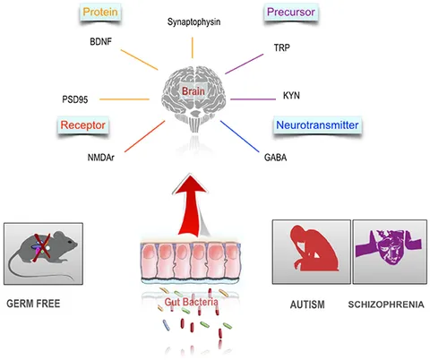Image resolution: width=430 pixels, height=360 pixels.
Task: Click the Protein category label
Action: coord(100,12)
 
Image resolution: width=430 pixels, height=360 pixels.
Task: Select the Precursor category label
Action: coord(291,12)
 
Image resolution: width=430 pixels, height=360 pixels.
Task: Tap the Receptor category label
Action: coord(83,125)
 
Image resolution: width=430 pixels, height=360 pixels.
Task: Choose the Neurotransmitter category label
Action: coord(317,125)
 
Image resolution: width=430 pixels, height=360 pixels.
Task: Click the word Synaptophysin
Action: coord(193,21)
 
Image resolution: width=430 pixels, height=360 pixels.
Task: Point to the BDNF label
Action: coord(100,41)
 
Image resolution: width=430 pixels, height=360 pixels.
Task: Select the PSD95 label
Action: coord(75,99)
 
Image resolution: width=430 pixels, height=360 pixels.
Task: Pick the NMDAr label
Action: coord(101,158)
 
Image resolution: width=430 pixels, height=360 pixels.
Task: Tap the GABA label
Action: coord(275,158)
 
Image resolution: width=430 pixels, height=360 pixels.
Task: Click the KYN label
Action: coord(291,96)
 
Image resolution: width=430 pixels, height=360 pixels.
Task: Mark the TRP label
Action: coord(282,47)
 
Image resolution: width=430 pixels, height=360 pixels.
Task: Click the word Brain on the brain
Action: coord(193,91)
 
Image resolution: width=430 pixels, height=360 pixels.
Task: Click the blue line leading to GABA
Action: coord(240,136)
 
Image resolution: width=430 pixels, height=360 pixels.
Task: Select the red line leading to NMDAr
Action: coord(145,136)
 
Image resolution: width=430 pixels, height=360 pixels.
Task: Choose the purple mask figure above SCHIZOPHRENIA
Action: coord(389,246)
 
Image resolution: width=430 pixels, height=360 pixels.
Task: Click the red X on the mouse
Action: coord(42,248)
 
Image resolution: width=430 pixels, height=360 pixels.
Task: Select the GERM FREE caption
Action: coord(33,304)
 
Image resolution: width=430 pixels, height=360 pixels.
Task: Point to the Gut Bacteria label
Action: coord(191,302)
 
